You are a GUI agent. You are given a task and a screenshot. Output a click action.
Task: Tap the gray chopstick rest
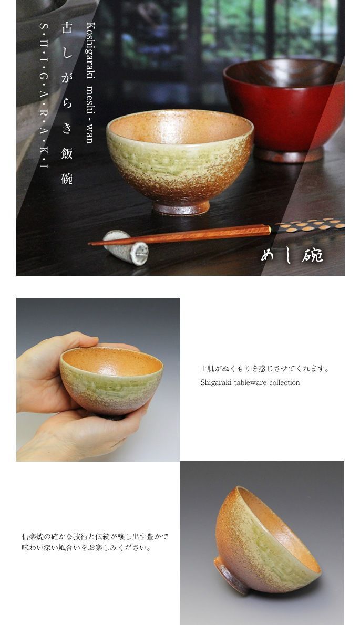coord(125,247)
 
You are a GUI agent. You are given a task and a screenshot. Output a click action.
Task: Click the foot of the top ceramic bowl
coord(181,207)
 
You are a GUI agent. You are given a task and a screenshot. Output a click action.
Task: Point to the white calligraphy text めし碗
coord(292,256)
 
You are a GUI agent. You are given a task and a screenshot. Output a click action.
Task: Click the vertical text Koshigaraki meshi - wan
coord(90,82)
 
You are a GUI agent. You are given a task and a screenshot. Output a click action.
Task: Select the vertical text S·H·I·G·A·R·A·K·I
coord(44,95)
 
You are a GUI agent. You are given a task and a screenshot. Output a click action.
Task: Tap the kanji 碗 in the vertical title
coord(67,179)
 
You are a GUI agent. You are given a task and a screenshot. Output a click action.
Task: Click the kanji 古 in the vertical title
coord(67,28)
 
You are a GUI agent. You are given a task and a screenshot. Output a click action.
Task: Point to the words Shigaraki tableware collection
coord(250,383)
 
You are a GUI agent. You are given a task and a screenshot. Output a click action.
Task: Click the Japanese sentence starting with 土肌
coord(265,369)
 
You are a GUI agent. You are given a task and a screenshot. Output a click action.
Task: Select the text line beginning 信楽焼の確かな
coord(95,537)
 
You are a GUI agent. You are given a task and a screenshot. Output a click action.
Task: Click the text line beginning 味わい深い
coord(87,548)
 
